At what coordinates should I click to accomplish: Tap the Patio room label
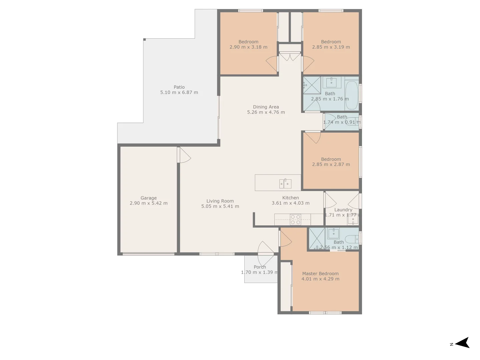coord(179,87)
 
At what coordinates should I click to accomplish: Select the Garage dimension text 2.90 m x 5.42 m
coord(149,203)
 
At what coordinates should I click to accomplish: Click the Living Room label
coord(220,201)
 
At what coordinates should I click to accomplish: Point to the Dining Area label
coord(266,107)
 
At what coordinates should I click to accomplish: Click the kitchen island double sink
coord(285,183)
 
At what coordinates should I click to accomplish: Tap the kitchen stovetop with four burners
coord(295,219)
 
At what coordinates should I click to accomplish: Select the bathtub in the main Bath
coord(351,95)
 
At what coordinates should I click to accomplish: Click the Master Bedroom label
coord(320,274)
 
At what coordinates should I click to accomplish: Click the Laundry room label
coord(343,210)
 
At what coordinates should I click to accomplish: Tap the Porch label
coord(260,267)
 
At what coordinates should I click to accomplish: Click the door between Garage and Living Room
coord(183,155)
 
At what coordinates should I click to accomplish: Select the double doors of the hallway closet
coord(290,57)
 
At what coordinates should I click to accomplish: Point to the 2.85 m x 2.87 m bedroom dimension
coord(331,164)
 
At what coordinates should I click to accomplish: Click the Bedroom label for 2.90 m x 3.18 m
coord(248,42)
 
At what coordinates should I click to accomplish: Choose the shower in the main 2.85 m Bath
coord(312,85)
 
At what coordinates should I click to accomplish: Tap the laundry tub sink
coord(353,220)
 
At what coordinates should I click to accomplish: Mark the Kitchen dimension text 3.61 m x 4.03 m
coord(290,203)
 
